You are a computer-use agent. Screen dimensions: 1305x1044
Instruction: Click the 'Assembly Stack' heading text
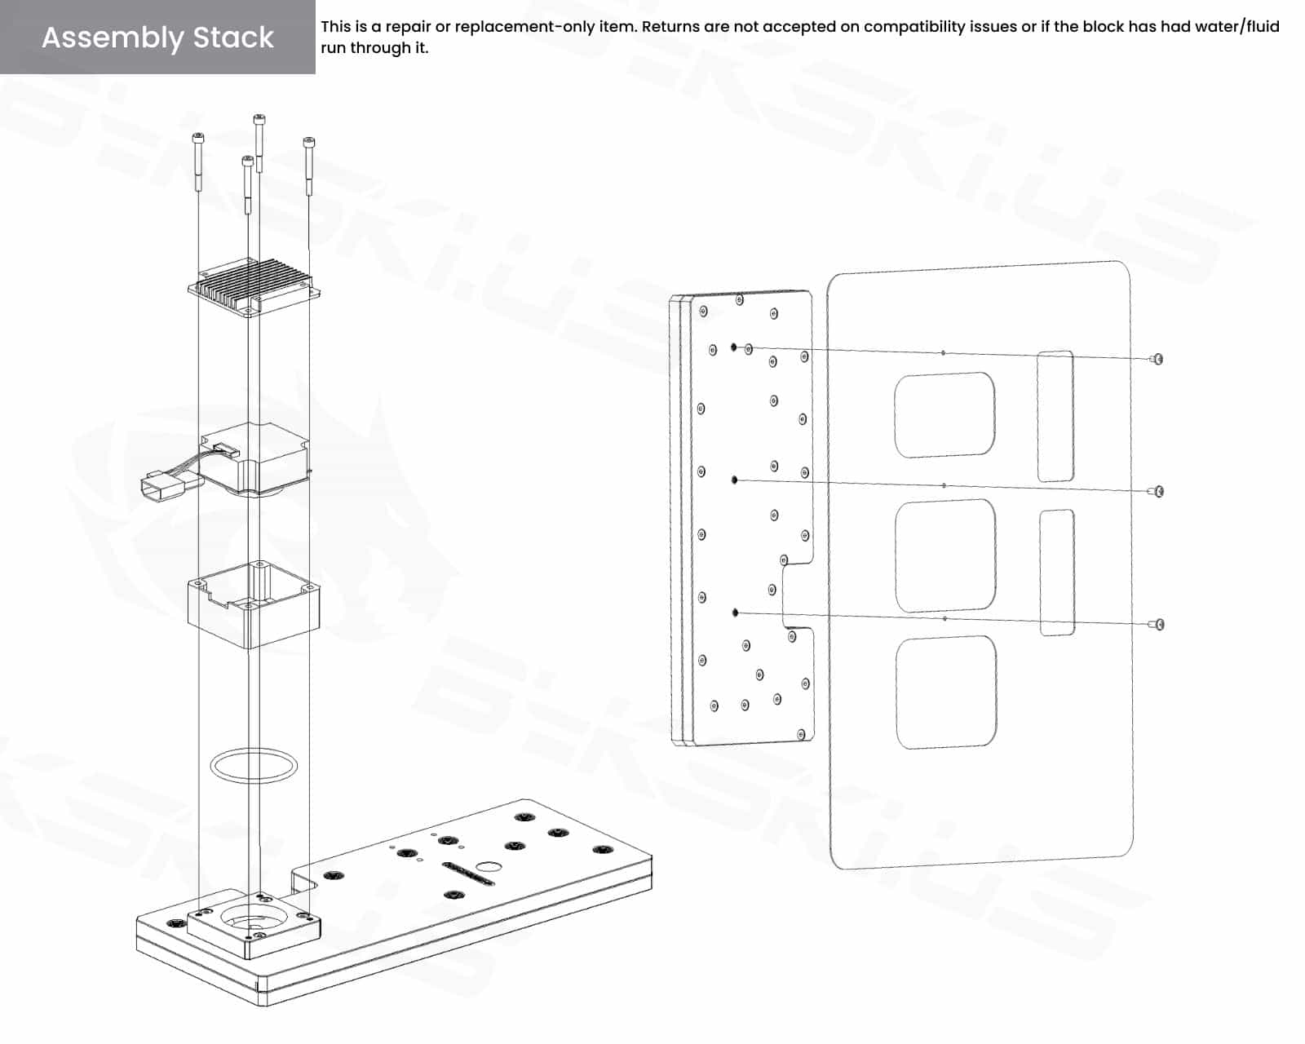pos(157,38)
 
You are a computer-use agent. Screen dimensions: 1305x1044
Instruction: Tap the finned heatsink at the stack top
pos(254,287)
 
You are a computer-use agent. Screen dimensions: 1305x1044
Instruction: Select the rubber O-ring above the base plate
pos(254,766)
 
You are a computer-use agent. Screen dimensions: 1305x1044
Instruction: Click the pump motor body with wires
pos(254,458)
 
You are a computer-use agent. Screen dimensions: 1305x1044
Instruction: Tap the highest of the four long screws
pos(259,144)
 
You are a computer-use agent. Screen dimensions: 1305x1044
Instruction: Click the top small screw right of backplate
pos(1157,359)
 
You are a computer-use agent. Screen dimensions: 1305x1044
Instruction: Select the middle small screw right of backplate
pos(1157,491)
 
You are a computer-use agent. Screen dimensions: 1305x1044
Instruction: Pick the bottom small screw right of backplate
pos(1157,624)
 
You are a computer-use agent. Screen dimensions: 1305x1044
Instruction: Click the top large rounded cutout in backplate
pos(944,415)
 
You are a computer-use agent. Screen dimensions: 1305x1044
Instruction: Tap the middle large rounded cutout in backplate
pos(946,555)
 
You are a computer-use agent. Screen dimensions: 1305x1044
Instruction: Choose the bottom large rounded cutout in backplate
pos(947,692)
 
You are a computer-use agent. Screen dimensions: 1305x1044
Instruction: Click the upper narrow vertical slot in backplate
pos(1055,416)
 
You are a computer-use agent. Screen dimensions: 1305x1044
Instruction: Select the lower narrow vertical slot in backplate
pos(1057,573)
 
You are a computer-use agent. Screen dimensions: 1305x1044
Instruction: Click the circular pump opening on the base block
pos(254,920)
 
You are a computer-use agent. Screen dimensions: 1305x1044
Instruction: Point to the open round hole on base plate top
pos(489,866)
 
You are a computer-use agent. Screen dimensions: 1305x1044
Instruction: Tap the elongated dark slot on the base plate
pos(468,874)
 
